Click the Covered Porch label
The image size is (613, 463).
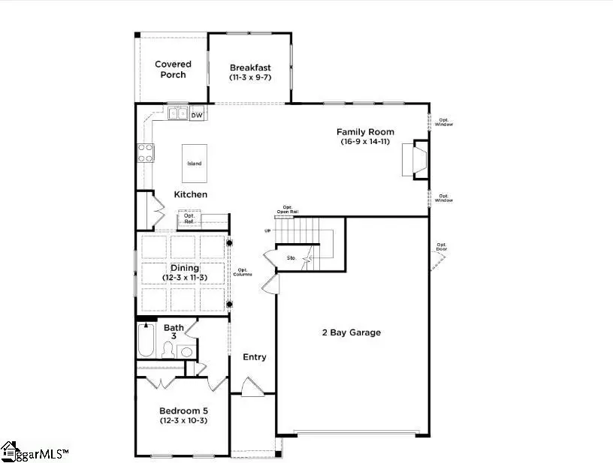click(x=173, y=69)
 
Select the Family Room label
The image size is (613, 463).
click(x=365, y=132)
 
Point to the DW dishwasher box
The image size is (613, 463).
click(x=196, y=115)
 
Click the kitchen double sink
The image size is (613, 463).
click(x=177, y=114)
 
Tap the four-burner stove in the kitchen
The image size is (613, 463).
click(x=144, y=153)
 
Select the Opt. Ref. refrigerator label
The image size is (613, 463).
click(x=189, y=219)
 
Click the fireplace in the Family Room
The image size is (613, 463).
click(x=415, y=160)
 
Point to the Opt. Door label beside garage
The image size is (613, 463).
click(x=442, y=248)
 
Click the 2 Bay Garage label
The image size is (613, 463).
click(x=352, y=332)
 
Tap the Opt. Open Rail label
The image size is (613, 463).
click(x=288, y=210)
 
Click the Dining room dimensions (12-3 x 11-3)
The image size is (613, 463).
click(x=184, y=278)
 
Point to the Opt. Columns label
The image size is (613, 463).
click(x=243, y=272)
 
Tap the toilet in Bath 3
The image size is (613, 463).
click(x=170, y=349)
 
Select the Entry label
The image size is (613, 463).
click(x=255, y=357)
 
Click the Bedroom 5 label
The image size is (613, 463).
click(x=183, y=410)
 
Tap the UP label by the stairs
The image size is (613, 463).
click(x=267, y=231)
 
